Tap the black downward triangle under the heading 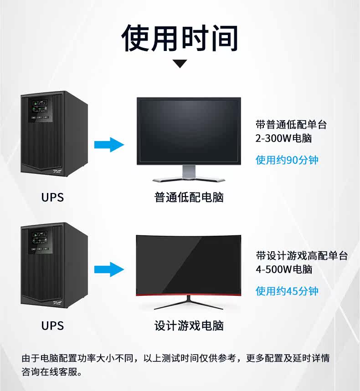[180, 64]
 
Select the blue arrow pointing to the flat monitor [109, 145]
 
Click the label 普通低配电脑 [189, 198]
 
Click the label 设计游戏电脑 [189, 326]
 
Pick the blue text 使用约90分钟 [287, 160]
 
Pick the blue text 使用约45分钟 [287, 291]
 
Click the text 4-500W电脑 [284, 269]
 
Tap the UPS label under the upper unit [52, 198]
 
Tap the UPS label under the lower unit [52, 326]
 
